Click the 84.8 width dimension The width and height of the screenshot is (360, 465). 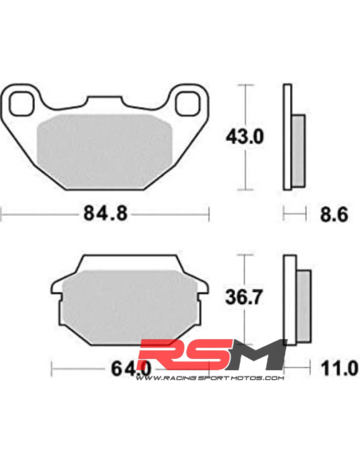coord(105,213)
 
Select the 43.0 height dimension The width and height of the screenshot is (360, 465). coord(245,137)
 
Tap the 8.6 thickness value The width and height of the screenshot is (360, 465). coord(334,214)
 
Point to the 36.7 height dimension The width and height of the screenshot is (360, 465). coord(244,297)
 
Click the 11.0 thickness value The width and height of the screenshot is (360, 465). coord(339,369)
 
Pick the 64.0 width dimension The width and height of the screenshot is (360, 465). coord(131,369)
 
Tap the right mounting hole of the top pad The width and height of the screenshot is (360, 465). coord(187,104)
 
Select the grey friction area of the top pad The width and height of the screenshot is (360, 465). coord(104,151)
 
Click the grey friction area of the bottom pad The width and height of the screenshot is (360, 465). coord(130,307)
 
